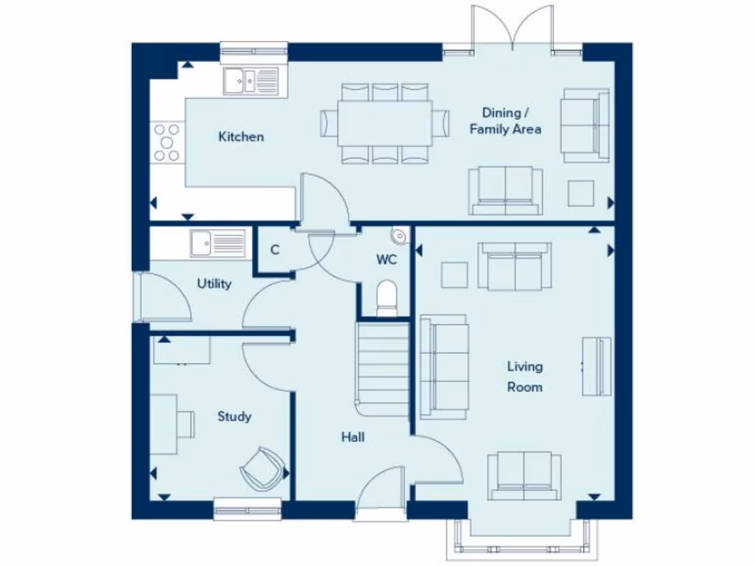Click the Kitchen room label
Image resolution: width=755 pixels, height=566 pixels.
241,136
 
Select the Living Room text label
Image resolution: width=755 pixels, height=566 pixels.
524,376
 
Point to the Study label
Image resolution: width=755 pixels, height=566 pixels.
234,416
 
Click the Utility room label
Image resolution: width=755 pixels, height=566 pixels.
215,284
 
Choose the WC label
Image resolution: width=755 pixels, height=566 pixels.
386,259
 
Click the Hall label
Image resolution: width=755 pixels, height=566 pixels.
352,437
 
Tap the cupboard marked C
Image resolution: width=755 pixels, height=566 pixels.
274,250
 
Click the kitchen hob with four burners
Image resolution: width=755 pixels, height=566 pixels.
167,141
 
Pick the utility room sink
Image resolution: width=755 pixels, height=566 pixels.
218,242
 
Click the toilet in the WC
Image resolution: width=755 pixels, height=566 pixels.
386,299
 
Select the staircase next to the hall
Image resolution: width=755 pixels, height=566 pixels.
383,368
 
